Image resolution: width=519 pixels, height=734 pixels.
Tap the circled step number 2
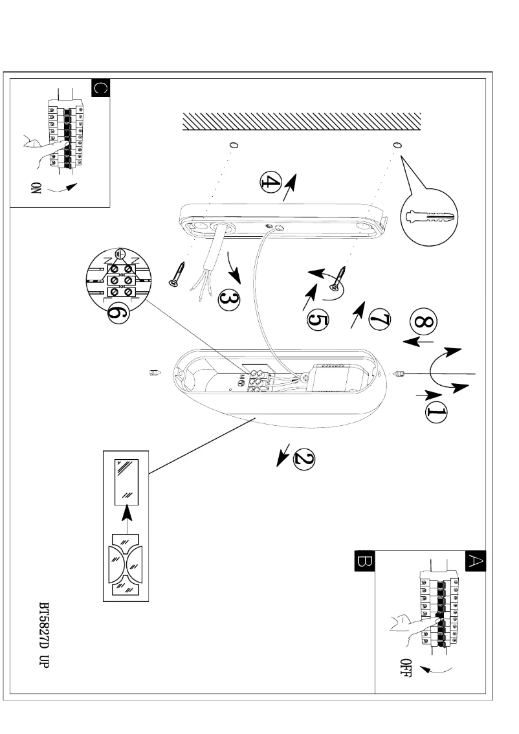302,460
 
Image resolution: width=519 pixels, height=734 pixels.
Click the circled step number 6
115,314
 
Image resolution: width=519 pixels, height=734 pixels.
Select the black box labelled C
101,88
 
